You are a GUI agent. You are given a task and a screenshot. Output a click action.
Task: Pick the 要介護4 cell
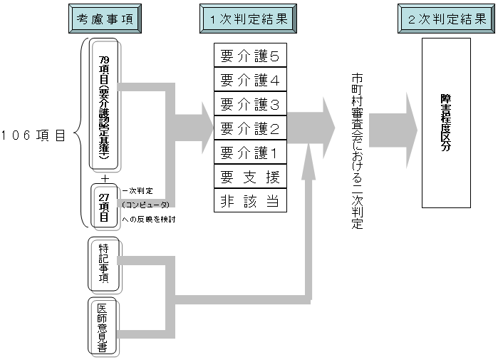[x=249, y=81]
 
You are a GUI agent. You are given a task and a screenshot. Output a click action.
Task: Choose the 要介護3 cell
[x=249, y=105]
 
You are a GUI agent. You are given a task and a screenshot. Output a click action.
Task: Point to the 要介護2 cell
[x=249, y=128]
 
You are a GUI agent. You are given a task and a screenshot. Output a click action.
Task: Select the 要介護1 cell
[x=249, y=152]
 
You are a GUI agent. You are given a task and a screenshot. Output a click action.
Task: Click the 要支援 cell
[x=249, y=175]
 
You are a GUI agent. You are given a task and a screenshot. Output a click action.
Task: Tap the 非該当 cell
[x=249, y=200]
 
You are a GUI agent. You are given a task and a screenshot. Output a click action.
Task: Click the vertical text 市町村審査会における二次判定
[x=357, y=150]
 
